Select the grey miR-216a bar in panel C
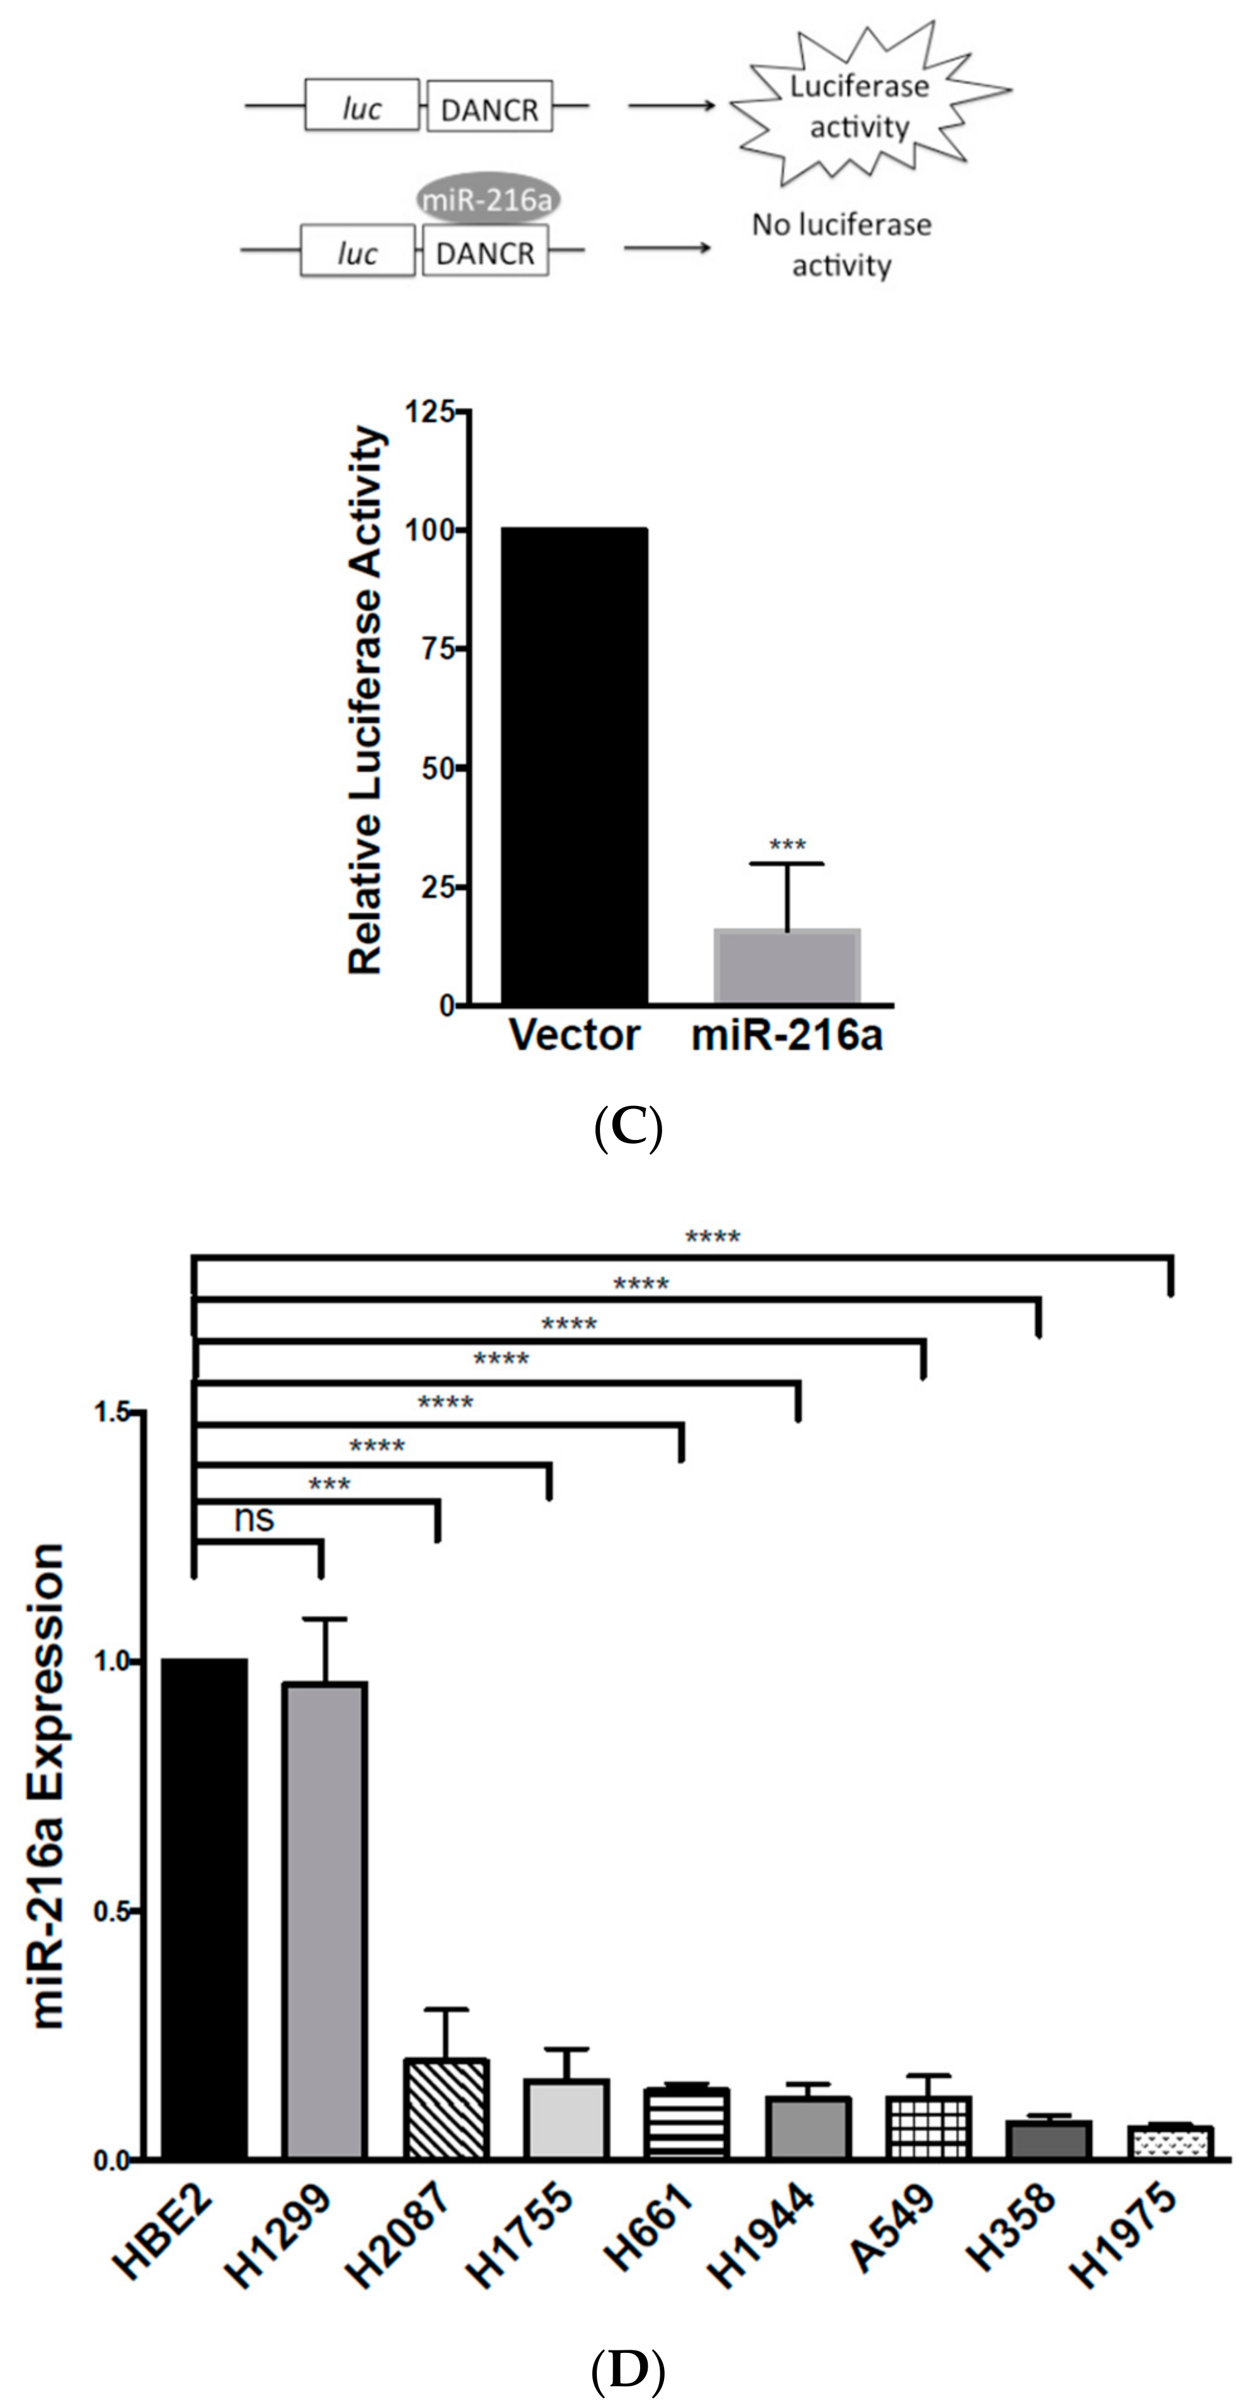(786, 966)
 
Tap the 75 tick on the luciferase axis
(437, 649)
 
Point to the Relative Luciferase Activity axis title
(365, 701)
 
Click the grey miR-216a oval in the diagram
(487, 199)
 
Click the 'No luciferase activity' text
(841, 245)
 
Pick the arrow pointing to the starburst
(670, 106)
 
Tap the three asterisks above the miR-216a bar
(787, 846)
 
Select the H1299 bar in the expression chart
(325, 1919)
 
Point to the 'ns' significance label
(254, 1519)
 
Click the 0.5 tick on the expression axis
(114, 1910)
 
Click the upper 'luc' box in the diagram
(362, 106)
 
